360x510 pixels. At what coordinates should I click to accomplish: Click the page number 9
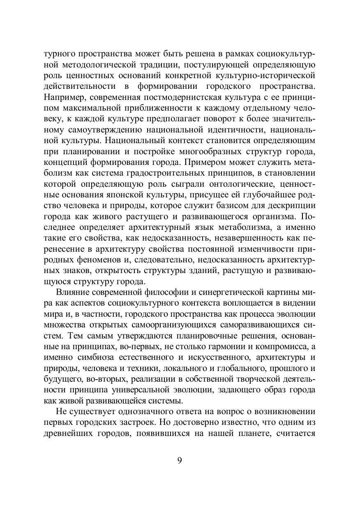click(x=180, y=460)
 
